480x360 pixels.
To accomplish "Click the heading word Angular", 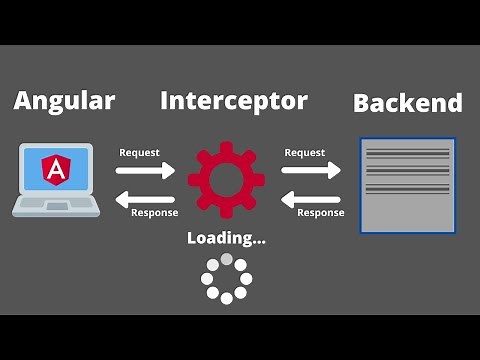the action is [64, 100].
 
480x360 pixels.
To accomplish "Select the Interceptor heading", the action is [234, 100].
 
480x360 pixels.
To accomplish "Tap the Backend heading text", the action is [408, 102].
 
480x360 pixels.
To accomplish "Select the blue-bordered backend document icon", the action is [408, 186].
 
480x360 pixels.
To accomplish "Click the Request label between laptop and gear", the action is [139, 152].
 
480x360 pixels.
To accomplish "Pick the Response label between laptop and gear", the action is [155, 212].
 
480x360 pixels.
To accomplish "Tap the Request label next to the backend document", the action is [304, 152].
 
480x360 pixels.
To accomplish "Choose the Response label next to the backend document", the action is [320, 212].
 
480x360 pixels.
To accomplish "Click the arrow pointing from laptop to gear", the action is [145, 170].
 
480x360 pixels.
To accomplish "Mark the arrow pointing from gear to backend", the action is [311, 170].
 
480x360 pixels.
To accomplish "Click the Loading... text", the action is [226, 238].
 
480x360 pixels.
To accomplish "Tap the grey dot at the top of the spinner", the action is [227, 260].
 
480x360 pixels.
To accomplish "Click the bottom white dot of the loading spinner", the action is [227, 297].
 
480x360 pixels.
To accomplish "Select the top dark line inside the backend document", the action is [408, 152].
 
